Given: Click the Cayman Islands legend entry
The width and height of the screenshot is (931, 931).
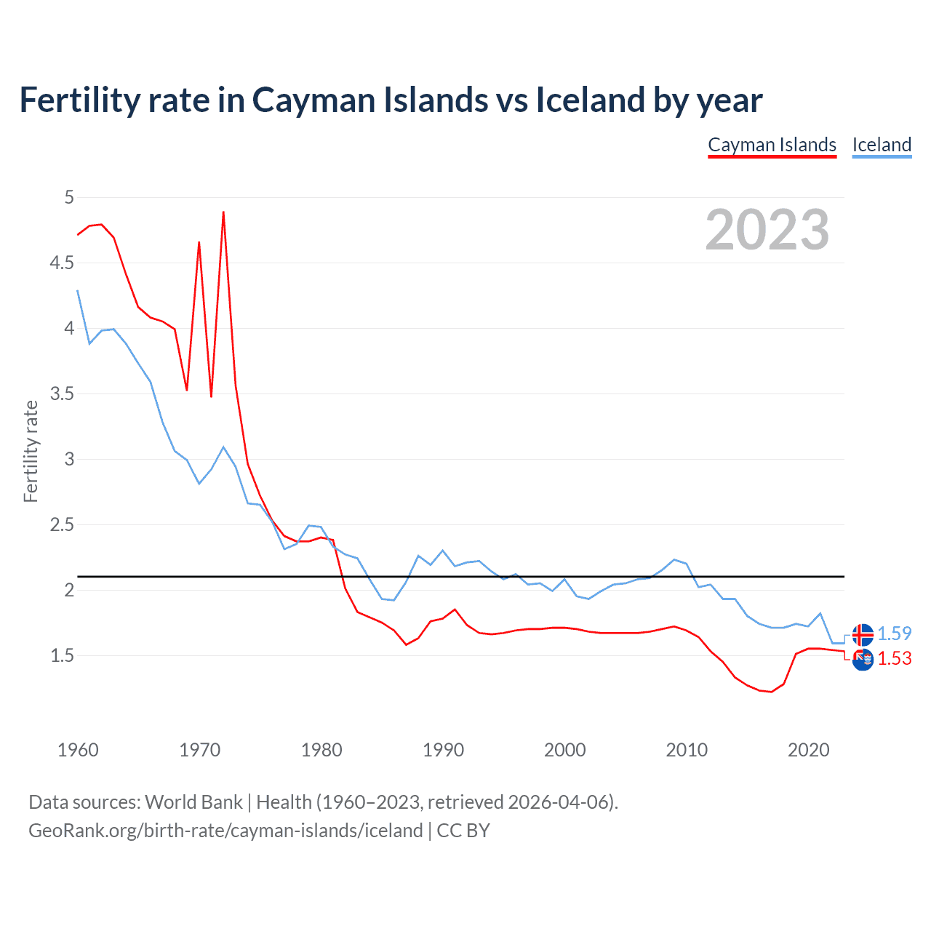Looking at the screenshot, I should pos(772,145).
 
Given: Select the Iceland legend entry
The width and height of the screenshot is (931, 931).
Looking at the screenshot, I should pos(882,145).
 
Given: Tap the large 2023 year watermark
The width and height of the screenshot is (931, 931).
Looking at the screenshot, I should pos(767,230).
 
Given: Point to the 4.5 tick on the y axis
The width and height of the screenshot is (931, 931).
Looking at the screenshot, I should pos(62,263).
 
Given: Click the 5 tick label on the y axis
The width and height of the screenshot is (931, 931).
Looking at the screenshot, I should pos(69,197).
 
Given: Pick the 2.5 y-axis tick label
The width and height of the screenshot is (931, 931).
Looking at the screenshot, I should pos(62,524).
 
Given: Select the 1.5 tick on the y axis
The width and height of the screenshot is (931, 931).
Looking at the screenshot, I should pos(62,655).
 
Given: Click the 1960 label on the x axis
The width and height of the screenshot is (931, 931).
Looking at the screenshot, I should pos(78,750).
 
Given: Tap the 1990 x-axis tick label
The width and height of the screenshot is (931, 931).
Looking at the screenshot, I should pos(443,750).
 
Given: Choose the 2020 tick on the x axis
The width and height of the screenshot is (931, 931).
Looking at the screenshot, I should pos(808,750).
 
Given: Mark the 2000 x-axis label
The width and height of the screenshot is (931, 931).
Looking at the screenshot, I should pos(564,750).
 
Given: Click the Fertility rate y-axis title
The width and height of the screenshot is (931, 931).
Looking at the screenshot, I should pos(31,451).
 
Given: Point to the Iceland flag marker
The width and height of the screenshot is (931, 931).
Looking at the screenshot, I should pos(863,635).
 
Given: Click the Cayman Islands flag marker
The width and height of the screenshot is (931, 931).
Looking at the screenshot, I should pos(863,659).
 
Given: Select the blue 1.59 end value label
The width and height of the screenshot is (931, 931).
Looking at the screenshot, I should pos(894,634).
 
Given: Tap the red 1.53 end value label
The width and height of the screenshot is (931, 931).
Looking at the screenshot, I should pos(894,658).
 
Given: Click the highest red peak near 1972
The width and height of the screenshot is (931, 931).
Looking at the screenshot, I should pos(223,212).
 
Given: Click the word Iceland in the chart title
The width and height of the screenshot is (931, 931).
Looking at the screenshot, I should pos(590,100).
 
